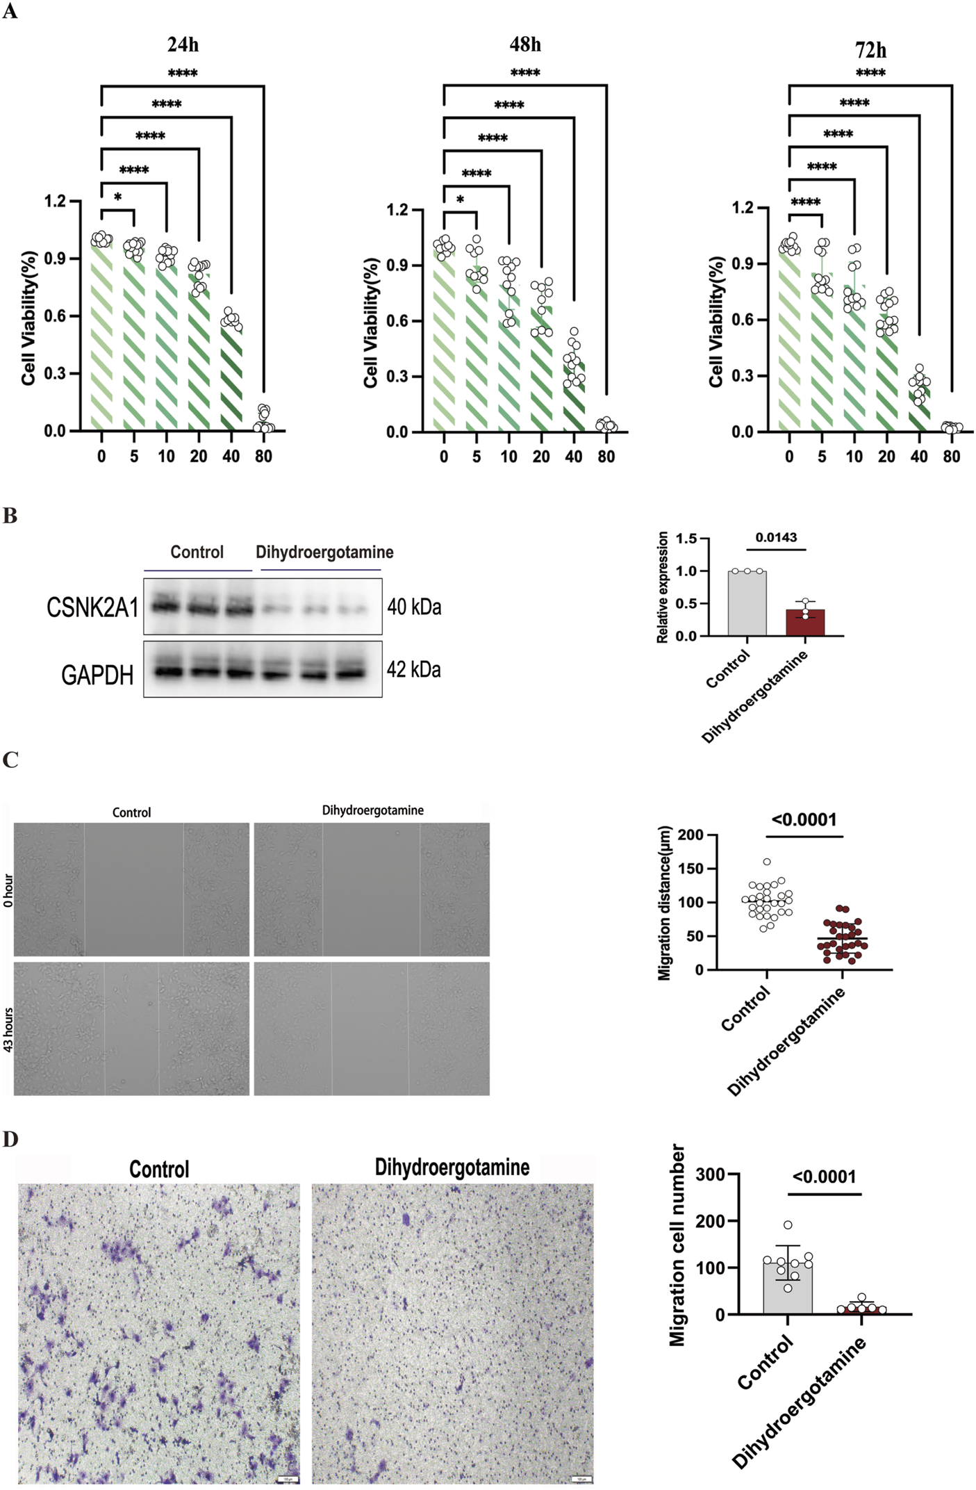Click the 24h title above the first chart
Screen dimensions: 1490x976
tap(183, 45)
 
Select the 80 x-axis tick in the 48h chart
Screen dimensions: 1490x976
tap(606, 457)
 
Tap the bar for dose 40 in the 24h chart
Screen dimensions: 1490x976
tap(231, 379)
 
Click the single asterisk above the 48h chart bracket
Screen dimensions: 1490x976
tap(460, 200)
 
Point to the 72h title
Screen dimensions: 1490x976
tap(870, 51)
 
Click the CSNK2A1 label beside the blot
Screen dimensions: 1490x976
tap(92, 607)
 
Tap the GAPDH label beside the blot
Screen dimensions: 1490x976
tap(97, 675)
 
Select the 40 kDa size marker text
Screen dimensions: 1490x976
tap(414, 607)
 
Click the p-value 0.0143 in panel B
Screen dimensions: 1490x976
tap(776, 537)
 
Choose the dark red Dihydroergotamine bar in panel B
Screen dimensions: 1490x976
tap(805, 623)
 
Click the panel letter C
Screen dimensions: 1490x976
tap(10, 760)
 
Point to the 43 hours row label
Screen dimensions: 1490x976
tap(8, 1029)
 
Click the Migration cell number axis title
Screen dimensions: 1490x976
tap(677, 1245)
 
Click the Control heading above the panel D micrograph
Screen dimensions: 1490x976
tap(159, 1169)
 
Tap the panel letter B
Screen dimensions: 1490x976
tap(10, 516)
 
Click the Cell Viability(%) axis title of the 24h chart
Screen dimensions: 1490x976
tap(28, 318)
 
